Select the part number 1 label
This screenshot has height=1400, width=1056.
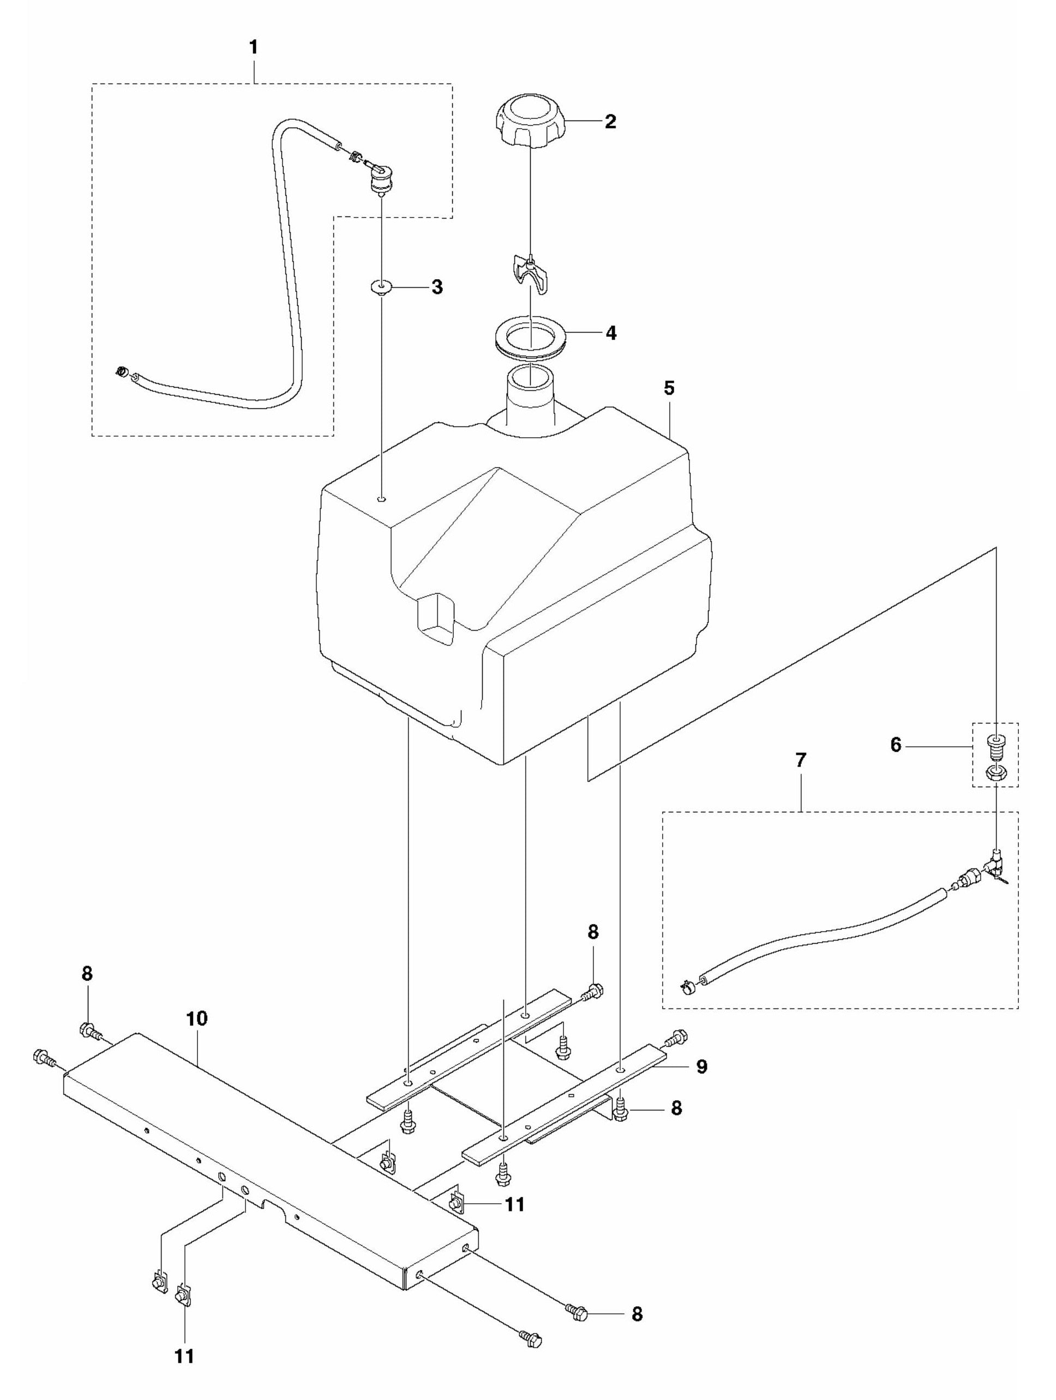tap(254, 47)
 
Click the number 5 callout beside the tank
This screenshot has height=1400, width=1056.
tap(669, 388)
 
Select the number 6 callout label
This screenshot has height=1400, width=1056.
tap(895, 745)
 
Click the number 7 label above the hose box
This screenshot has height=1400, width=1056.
tap(801, 761)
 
